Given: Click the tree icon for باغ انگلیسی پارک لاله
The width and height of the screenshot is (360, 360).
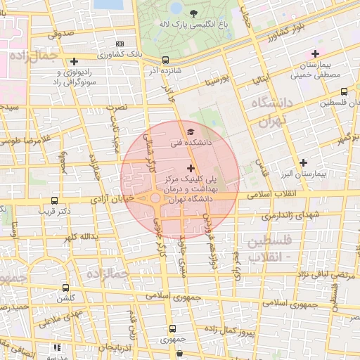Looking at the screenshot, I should coord(193,12).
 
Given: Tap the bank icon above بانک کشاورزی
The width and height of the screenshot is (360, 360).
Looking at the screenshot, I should coord(119,44).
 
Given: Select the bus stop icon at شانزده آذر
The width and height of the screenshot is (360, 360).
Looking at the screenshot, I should coord(165,60).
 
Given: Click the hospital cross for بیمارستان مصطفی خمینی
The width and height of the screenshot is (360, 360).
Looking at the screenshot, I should coord(315,53).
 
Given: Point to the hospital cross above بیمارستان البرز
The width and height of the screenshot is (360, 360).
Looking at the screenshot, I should coord(302,162).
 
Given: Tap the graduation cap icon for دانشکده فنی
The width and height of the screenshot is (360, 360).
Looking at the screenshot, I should coord(191,131).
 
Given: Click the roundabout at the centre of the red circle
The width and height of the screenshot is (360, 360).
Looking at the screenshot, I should coord(155,199).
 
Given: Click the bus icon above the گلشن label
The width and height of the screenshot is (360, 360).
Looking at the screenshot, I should coord(65,288).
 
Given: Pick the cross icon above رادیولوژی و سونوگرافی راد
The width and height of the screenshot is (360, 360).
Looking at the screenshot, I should coord(74,61).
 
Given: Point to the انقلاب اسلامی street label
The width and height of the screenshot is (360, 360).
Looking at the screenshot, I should coord(274,193).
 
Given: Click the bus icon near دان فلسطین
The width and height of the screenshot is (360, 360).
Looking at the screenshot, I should coord(343,91).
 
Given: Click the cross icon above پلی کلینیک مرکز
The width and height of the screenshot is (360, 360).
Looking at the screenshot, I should coord(191,168).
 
